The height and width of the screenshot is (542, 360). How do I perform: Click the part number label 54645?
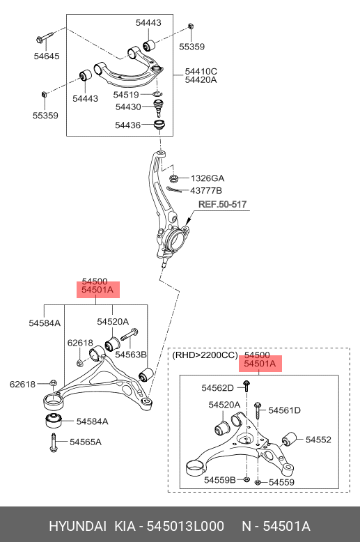(x=47, y=56)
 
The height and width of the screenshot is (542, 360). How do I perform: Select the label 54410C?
(x=201, y=72)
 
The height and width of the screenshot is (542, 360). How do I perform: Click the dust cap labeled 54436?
(x=159, y=125)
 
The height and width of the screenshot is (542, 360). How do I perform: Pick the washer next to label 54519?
(x=157, y=93)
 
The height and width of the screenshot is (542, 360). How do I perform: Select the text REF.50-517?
(x=223, y=204)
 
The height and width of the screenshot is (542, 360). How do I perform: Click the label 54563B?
(x=131, y=355)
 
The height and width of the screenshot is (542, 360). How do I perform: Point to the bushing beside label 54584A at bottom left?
(x=54, y=420)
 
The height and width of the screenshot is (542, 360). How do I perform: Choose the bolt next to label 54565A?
(x=53, y=442)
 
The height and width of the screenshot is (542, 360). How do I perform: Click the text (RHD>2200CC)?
(x=205, y=355)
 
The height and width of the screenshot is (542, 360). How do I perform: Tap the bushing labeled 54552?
(x=289, y=439)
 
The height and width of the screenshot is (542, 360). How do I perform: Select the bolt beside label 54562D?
(x=246, y=386)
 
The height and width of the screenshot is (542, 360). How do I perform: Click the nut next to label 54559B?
(x=246, y=479)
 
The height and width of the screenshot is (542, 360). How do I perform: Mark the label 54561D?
(x=284, y=410)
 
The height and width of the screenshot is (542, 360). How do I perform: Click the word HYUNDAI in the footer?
(x=77, y=526)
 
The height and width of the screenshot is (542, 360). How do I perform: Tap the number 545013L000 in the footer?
(x=185, y=526)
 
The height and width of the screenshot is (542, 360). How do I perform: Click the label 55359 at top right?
(x=191, y=47)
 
